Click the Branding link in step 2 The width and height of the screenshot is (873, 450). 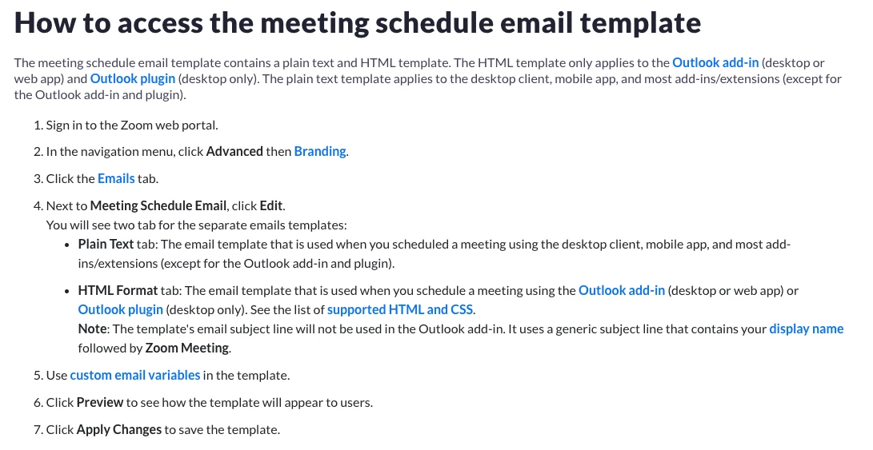point(320,151)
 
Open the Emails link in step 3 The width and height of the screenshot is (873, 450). point(116,178)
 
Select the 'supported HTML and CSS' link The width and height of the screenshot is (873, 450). point(400,309)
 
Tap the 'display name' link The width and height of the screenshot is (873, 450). point(807,329)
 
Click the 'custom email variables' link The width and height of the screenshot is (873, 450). point(134,375)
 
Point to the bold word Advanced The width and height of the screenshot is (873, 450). point(234,151)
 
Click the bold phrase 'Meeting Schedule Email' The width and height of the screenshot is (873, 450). point(158,205)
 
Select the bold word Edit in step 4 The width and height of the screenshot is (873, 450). point(271,205)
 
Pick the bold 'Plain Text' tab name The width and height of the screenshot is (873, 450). point(106,245)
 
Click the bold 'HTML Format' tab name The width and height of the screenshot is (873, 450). point(118,290)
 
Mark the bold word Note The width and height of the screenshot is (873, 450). point(93,329)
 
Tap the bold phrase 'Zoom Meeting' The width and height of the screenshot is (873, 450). point(187,348)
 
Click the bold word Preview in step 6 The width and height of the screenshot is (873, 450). point(100,402)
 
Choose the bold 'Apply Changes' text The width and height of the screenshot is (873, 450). point(118,429)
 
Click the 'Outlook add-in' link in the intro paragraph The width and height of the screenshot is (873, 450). point(715,63)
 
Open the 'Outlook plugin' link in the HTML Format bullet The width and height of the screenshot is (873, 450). point(120,309)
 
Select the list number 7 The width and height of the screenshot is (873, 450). point(38,429)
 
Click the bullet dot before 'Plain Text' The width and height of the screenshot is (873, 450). point(67,245)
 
